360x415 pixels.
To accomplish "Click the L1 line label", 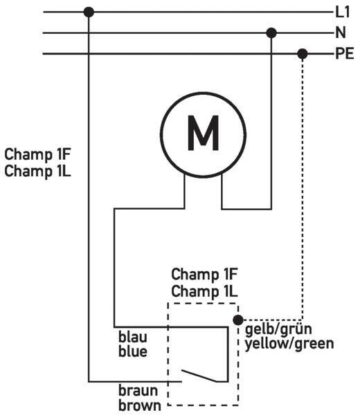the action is [343, 12].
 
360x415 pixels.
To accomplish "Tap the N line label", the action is [341, 33].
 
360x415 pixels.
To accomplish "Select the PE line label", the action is [345, 53].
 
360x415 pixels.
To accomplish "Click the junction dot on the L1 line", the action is [89, 12].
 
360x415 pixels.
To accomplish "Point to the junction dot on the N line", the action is [271, 33].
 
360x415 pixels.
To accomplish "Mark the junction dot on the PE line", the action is [303, 54].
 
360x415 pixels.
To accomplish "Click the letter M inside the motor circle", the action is [203, 133].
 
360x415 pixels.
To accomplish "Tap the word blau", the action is [132, 337].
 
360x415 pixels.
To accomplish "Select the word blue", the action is [132, 351].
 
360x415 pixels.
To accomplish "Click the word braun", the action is [138, 391].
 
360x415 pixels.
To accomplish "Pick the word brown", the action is [140, 405].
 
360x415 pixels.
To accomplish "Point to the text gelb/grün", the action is [278, 330].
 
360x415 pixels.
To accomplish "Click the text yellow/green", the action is [289, 344].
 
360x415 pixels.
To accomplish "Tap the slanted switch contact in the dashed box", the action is [199, 376].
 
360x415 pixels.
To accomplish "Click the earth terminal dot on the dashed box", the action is [238, 320].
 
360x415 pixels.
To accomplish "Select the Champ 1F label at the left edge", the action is [37, 154].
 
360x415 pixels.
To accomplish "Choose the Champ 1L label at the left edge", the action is [37, 171].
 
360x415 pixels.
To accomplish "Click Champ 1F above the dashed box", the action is [204, 274].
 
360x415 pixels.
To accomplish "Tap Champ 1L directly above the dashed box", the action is [204, 291].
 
